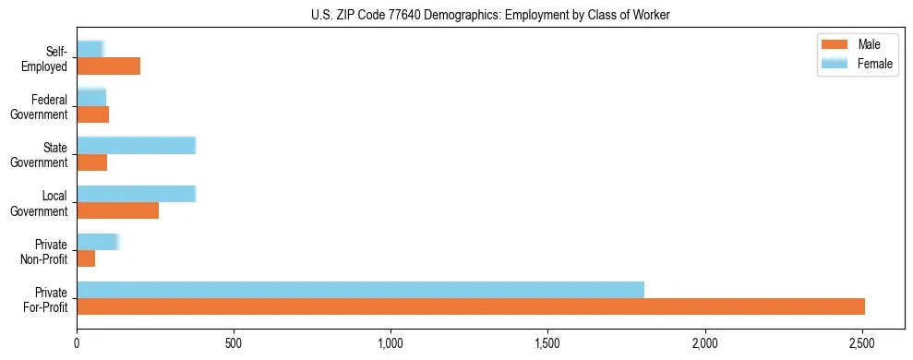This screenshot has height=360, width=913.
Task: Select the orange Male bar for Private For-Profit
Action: [x=471, y=306]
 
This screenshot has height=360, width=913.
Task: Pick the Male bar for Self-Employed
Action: [x=109, y=66]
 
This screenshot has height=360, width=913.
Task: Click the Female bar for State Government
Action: [x=136, y=145]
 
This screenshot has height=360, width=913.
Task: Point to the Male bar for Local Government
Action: [x=118, y=210]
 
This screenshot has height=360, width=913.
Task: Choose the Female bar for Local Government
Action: [x=136, y=194]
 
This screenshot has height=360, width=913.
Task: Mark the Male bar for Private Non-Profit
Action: [x=86, y=258]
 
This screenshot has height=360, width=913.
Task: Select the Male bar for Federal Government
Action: [x=93, y=114]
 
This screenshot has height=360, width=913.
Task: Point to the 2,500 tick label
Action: [x=862, y=343]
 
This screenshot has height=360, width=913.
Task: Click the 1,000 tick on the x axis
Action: [x=390, y=343]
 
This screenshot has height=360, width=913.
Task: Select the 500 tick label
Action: [x=234, y=343]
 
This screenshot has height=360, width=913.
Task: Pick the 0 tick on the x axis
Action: [x=77, y=343]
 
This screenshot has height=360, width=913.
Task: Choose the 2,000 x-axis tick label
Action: [x=705, y=343]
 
